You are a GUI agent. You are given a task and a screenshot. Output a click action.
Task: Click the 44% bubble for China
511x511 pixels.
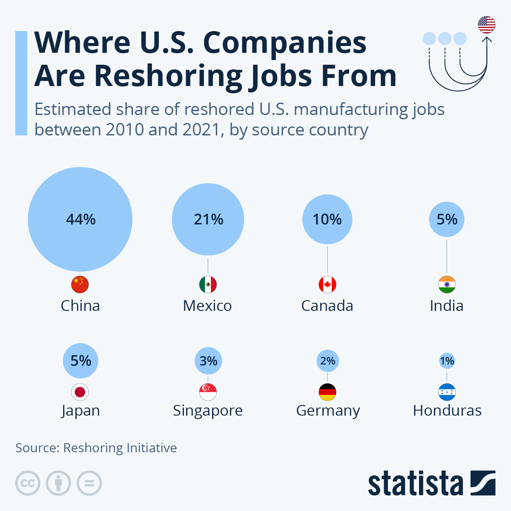[x=80, y=219]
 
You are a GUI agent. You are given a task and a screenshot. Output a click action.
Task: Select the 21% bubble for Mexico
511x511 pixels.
[x=208, y=219]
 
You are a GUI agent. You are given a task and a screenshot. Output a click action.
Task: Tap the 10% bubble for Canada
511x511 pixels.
[x=327, y=219]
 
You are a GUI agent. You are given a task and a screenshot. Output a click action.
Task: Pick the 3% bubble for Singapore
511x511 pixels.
[x=208, y=361]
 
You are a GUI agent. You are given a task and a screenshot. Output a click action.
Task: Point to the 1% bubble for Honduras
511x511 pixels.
[x=447, y=361]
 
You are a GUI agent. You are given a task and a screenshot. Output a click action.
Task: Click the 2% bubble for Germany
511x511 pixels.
[x=327, y=361]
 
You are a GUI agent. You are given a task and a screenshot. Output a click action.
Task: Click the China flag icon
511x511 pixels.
[x=80, y=284]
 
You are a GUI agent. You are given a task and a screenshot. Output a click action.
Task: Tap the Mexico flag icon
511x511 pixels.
[x=208, y=284]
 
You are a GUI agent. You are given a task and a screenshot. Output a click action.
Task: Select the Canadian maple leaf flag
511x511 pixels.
[x=327, y=284]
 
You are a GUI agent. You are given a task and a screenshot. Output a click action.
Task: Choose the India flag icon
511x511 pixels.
[x=447, y=284]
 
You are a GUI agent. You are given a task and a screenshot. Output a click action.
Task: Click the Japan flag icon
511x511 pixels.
[x=80, y=392]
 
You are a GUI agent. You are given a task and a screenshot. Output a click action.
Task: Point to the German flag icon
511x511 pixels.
[x=327, y=392]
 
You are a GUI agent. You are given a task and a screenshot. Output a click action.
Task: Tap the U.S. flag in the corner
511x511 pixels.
[x=486, y=25]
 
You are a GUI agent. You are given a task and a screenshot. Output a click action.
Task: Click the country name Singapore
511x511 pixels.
[x=208, y=411]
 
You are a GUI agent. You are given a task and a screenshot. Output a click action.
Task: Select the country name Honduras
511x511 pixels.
[x=447, y=411]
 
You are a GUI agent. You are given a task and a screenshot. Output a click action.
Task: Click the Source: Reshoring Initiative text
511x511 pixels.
[x=96, y=448]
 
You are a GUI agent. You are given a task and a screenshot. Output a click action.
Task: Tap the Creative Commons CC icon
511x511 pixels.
[x=28, y=483]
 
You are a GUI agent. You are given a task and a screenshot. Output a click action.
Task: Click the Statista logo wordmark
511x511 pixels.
[x=415, y=484]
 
